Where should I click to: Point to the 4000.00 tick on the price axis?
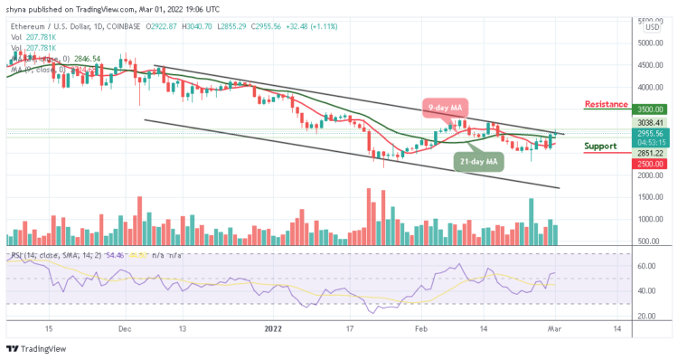pyautogui.click(x=648, y=88)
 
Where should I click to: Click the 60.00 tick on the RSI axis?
pyautogui.click(x=644, y=267)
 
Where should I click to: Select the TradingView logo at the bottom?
pyautogui.click(x=35, y=349)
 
